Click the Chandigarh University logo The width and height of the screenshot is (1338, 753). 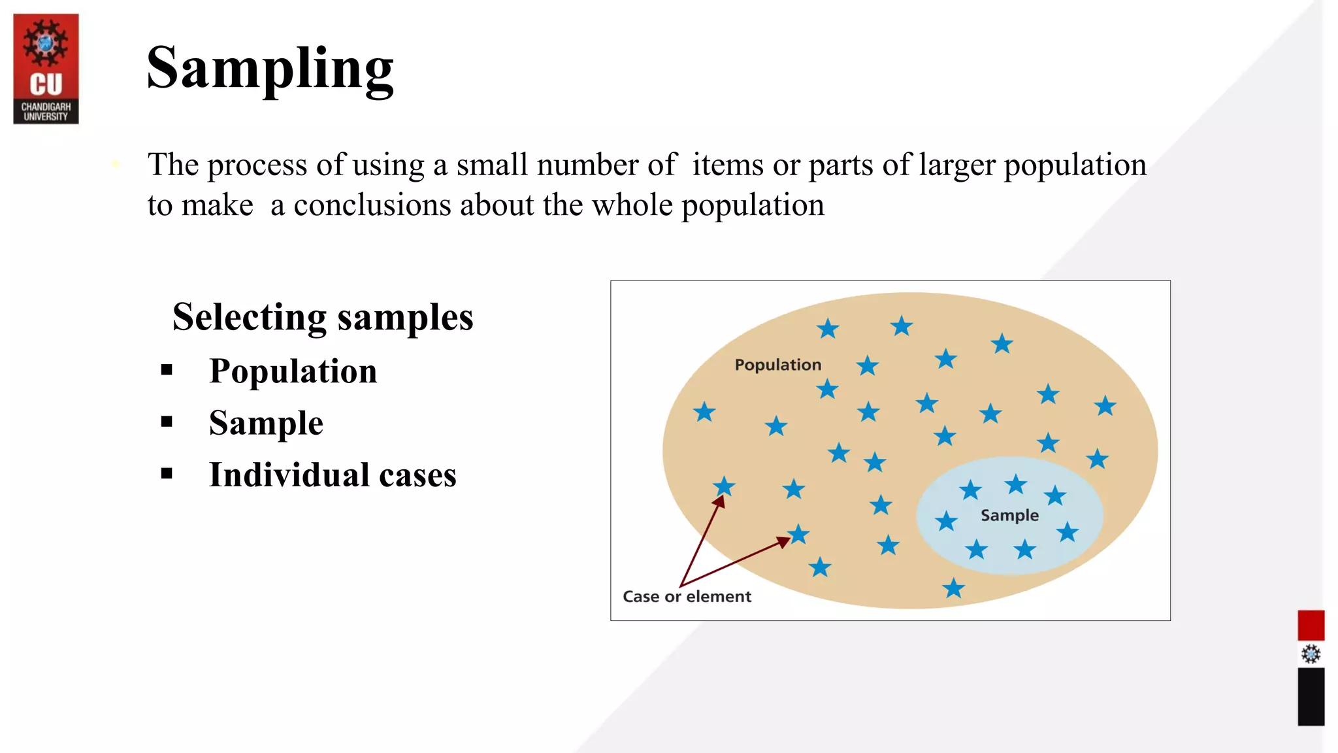click(46, 68)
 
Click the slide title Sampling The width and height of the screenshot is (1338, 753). click(270, 68)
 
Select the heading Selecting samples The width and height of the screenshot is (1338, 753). click(323, 317)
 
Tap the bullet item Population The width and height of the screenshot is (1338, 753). click(293, 371)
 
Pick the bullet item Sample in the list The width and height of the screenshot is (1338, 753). click(266, 423)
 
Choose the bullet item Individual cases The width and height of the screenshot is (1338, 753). click(333, 475)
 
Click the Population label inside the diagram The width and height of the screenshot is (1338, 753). click(777, 365)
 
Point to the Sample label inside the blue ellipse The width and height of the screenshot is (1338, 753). click(1009, 515)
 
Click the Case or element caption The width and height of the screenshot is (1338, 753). click(687, 596)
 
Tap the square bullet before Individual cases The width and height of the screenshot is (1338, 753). click(167, 473)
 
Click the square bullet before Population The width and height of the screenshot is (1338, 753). click(167, 370)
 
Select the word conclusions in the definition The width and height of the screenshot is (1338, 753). click(372, 205)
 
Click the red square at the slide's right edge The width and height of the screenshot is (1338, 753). click(1311, 625)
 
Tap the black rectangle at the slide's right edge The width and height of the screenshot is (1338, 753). click(1311, 696)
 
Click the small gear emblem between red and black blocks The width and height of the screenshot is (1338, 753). click(1311, 654)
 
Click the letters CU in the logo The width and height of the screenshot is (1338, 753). click(46, 85)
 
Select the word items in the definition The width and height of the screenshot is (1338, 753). click(728, 165)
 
